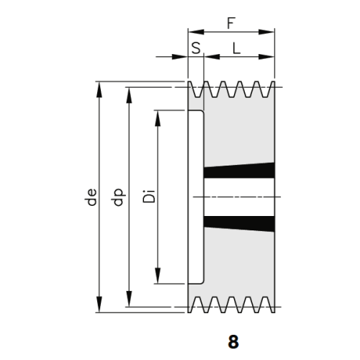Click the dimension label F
point(231,23)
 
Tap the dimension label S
point(196,48)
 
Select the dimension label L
point(237,48)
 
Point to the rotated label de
point(91,197)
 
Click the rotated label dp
point(119,197)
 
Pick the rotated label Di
point(149,197)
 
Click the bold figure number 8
point(233,342)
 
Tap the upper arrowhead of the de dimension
point(99,89)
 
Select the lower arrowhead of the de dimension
point(99,305)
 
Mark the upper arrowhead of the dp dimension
point(129,95)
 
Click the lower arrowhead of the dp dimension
point(129,299)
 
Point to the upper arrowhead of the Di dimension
point(158,118)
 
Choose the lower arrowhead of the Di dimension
point(158,276)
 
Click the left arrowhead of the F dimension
point(196,32)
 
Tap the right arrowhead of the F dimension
point(266,32)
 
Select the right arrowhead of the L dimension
point(266,57)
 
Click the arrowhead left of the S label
point(180,57)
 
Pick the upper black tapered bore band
point(239,171)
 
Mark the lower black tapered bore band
point(239,224)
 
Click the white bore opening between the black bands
point(239,197)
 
